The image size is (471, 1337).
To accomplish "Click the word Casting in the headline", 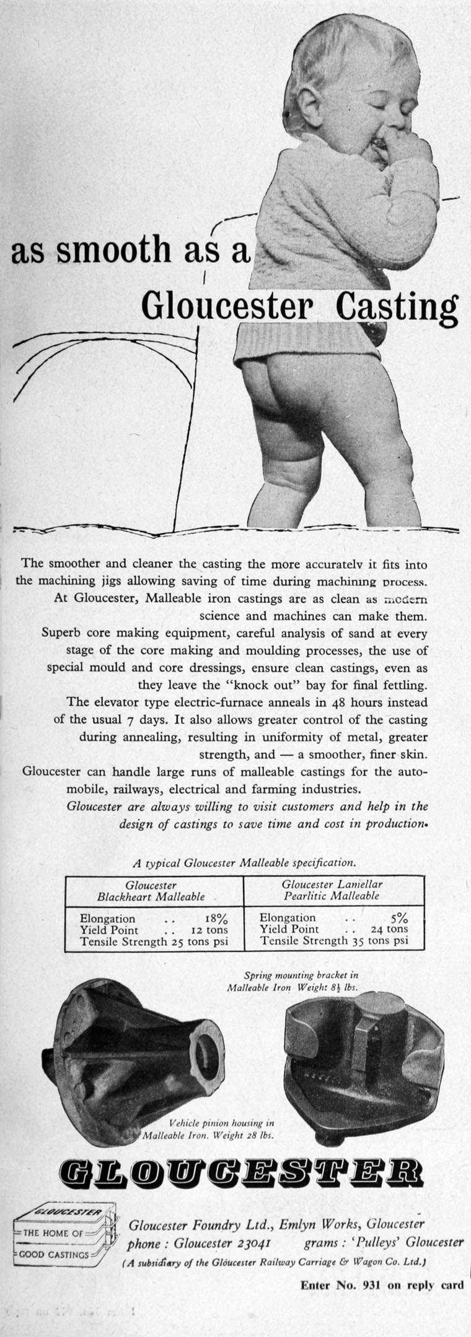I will [397, 306].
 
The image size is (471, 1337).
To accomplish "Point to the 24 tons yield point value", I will [390, 929].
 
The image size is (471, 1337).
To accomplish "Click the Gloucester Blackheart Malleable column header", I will [151, 891].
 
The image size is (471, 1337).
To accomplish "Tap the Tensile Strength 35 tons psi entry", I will [334, 941].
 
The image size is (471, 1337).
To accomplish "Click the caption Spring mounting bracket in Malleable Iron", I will [292, 982].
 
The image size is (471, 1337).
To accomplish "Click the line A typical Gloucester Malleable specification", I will [245, 862].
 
